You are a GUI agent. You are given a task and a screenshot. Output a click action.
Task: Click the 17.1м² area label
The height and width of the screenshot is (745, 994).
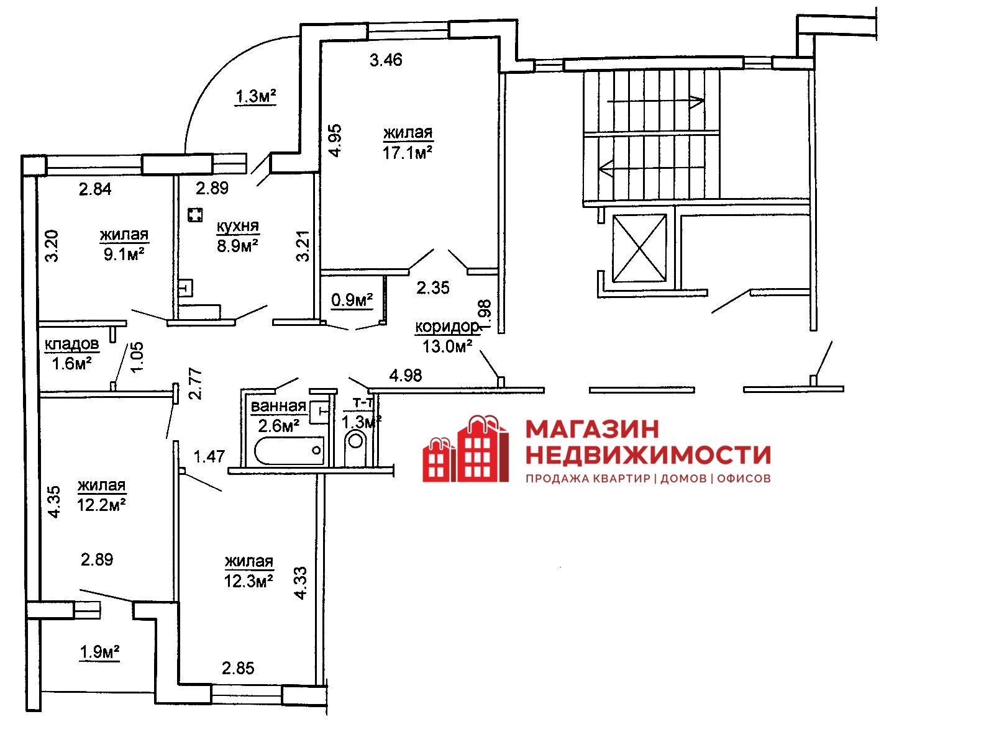407,153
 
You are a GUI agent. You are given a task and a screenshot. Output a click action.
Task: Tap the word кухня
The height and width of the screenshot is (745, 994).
238,226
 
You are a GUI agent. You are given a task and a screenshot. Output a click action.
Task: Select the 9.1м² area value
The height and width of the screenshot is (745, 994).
124,254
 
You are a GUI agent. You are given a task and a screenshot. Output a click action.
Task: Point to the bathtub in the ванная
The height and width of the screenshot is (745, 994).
290,450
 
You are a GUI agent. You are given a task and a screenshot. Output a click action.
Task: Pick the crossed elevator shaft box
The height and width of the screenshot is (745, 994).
639,248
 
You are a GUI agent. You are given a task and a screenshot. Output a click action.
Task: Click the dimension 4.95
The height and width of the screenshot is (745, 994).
335,141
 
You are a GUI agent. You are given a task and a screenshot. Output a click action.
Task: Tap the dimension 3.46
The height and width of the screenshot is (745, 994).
386,60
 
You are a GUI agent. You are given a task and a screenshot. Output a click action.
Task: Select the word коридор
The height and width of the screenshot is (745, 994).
447,326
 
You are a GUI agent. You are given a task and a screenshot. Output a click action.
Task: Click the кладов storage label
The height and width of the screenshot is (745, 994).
71,344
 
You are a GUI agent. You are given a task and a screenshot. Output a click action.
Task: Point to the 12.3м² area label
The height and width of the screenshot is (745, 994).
248,580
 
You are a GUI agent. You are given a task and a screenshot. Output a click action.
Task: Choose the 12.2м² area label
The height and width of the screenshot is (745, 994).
101,504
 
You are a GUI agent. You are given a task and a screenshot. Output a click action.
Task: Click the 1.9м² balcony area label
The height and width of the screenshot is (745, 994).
99,652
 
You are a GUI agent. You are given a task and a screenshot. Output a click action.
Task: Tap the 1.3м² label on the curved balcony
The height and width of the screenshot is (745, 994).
255,96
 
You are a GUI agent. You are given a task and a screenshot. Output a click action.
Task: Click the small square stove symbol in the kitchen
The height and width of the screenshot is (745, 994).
195,215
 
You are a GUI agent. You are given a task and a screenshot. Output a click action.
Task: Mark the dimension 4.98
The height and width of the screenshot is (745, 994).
406,375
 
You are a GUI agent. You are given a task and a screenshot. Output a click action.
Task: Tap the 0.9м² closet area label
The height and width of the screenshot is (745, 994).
352,299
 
